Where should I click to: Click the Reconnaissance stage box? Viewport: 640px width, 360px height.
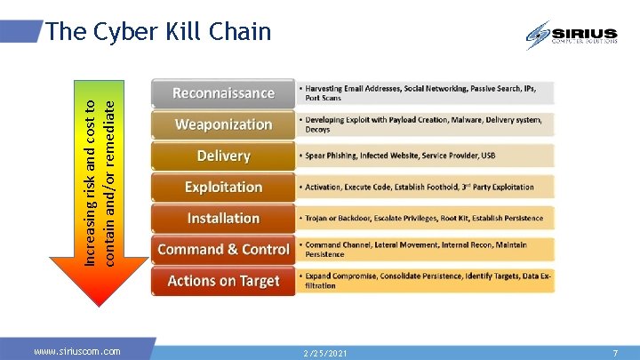[x=223, y=93]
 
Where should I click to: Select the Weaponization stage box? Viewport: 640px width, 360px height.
[x=223, y=124]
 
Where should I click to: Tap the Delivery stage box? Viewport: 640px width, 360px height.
[x=223, y=156]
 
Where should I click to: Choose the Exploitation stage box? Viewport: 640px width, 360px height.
[x=223, y=187]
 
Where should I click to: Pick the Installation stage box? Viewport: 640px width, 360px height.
[x=223, y=218]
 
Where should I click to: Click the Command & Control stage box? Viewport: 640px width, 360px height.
[x=223, y=250]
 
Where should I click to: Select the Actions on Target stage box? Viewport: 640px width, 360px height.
[x=223, y=281]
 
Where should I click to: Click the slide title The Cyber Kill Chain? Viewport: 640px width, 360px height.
[x=158, y=32]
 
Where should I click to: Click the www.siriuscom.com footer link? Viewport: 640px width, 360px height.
[x=77, y=352]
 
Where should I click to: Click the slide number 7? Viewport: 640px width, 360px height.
[x=614, y=353]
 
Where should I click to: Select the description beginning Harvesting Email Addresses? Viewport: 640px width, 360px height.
[x=425, y=93]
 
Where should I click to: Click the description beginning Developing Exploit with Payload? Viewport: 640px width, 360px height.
[x=423, y=124]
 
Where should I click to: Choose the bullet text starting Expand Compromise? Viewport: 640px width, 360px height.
[x=425, y=281]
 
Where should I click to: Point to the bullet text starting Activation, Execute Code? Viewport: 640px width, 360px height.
[x=419, y=187]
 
